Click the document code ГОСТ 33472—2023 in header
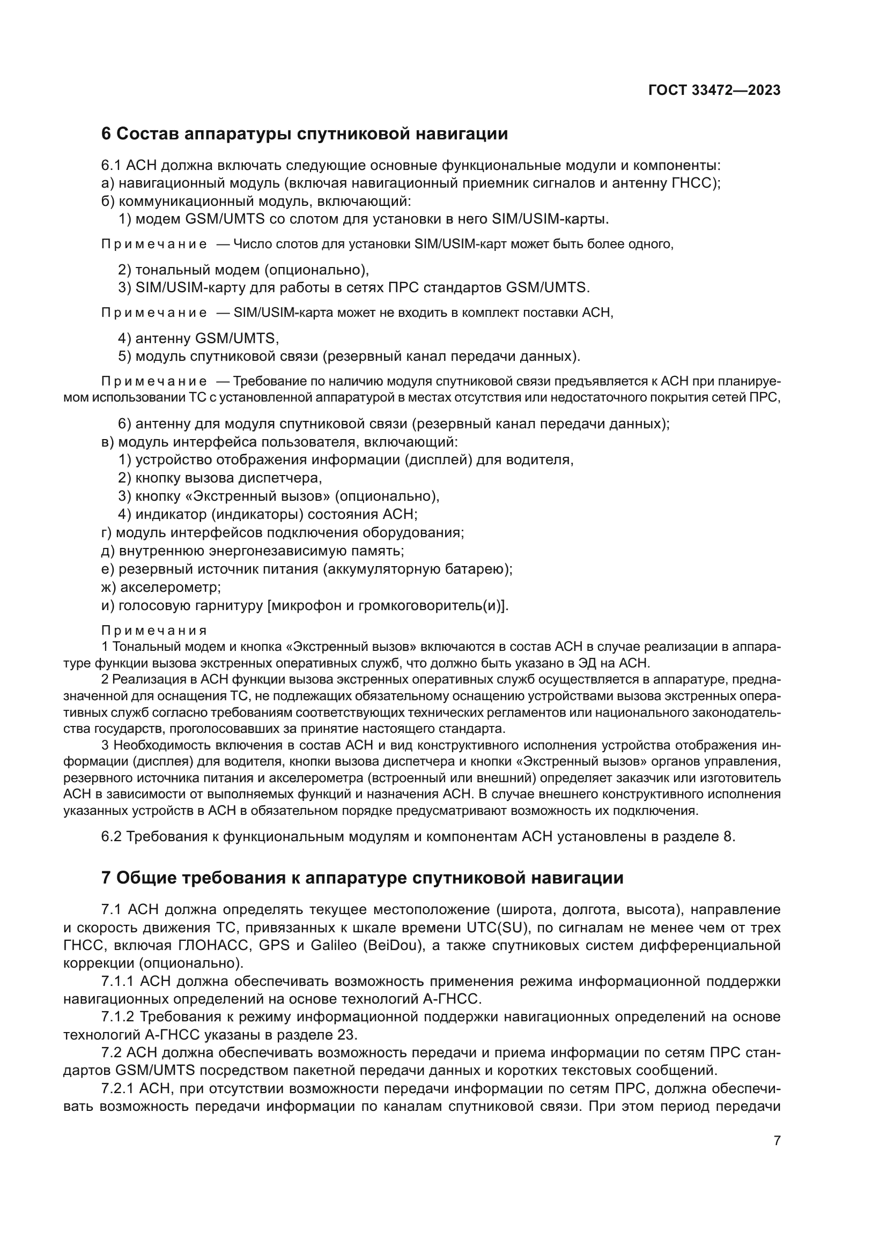(714, 91)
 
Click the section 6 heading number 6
(106, 134)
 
